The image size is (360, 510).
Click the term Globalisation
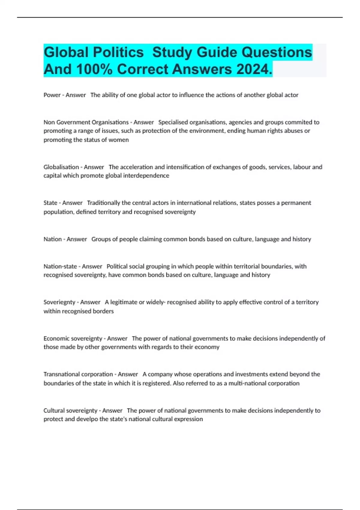[x=61, y=167]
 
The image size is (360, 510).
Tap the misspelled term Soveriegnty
[x=59, y=302]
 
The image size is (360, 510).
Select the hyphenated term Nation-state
[x=60, y=266]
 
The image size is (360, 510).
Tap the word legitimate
[x=124, y=302]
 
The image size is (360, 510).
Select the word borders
[x=104, y=311]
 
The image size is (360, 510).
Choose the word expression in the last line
[x=189, y=419]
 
